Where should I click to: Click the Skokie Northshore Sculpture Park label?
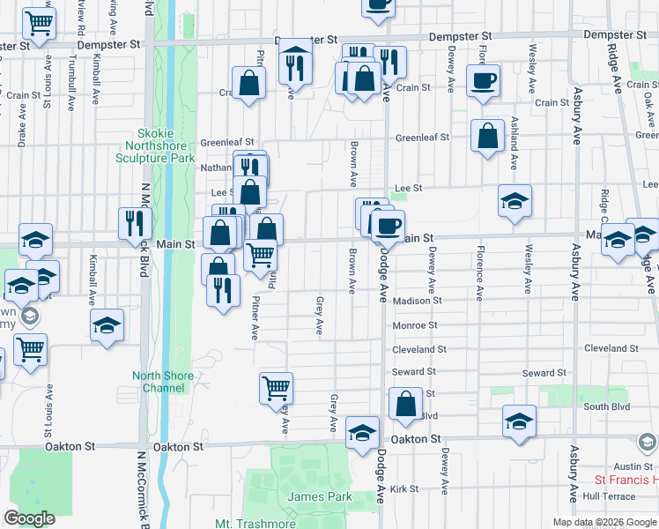(x=154, y=145)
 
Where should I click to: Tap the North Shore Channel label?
(x=163, y=382)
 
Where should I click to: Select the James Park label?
(x=320, y=496)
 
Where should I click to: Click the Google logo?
(x=30, y=518)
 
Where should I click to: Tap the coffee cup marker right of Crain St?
(x=484, y=82)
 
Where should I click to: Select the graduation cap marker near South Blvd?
(x=520, y=421)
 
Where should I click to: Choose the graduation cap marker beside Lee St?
(x=515, y=201)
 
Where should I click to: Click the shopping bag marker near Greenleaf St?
(x=487, y=137)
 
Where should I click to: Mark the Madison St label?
(x=418, y=301)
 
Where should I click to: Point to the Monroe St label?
(x=414, y=325)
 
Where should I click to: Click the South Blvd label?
(x=608, y=407)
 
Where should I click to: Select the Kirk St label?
(x=404, y=488)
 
